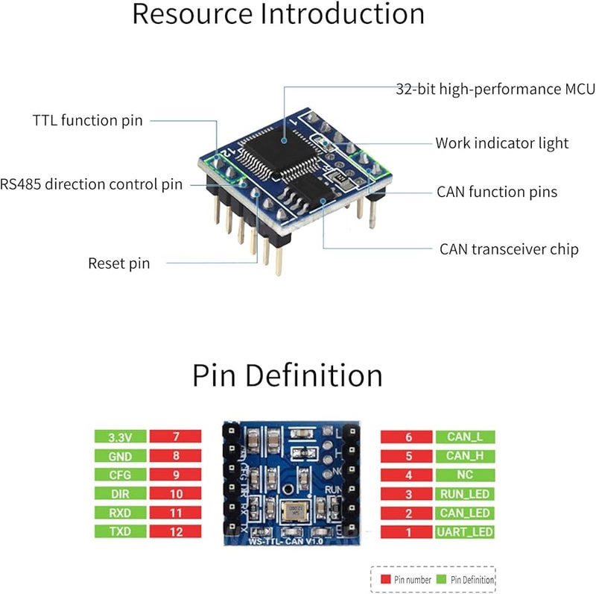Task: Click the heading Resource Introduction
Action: coord(278,14)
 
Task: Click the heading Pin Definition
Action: coord(288,375)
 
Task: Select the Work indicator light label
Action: coord(501,143)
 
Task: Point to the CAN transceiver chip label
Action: coord(508,249)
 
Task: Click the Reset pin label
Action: coord(118,263)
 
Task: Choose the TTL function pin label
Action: coord(87,120)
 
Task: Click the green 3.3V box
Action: coord(120,437)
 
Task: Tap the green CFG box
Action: coord(120,475)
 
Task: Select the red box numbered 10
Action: coord(176,493)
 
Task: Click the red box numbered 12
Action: coord(176,531)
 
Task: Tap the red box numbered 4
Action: coord(408,475)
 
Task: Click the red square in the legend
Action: coord(386,579)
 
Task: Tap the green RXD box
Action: coord(120,513)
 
